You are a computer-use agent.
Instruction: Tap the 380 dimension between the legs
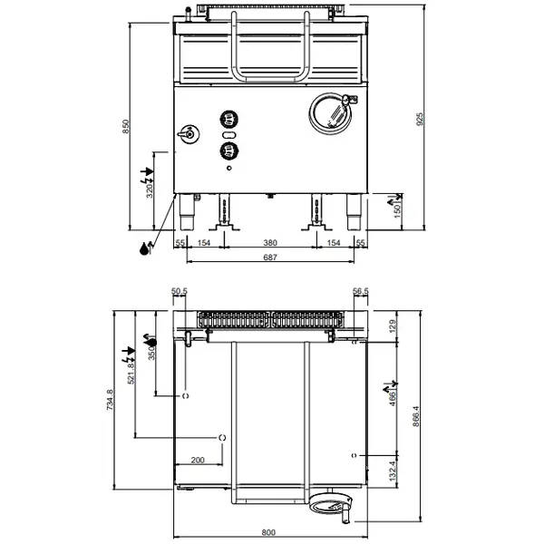point(269,243)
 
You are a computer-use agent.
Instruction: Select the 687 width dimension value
point(269,258)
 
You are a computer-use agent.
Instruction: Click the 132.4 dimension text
point(393,471)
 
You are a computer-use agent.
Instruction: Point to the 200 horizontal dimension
point(198,461)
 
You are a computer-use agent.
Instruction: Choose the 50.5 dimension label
point(179,291)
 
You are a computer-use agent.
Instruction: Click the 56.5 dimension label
point(360,291)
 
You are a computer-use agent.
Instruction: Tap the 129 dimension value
point(393,326)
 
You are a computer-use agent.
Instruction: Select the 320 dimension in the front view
point(151,190)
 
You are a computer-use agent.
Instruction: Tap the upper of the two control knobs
point(228,117)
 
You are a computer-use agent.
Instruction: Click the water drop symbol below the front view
point(145,250)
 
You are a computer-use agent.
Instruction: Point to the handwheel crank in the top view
point(332,504)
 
